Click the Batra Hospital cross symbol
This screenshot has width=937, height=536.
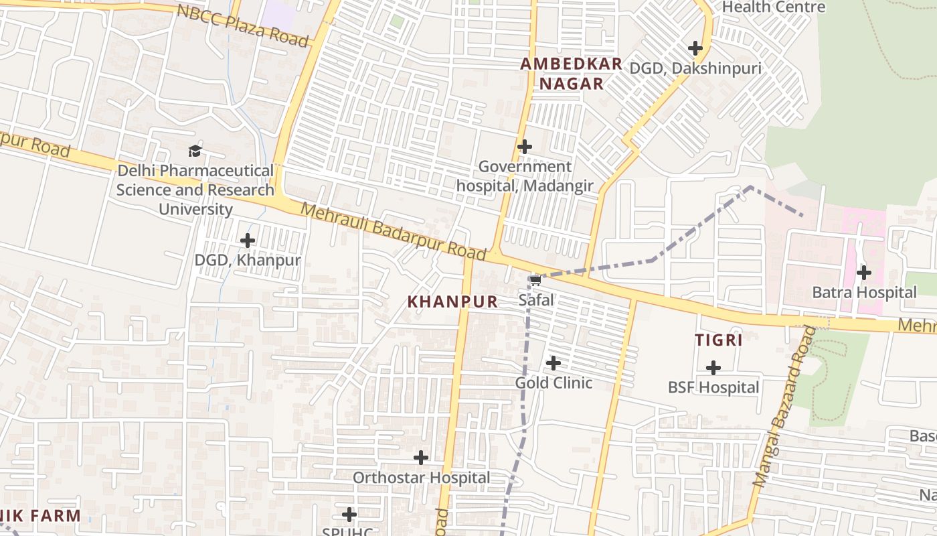pos(864,273)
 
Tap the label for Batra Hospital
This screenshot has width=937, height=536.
pos(864,293)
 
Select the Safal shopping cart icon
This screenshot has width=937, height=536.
pos(535,280)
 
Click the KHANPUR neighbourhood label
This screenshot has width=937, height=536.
pos(453,302)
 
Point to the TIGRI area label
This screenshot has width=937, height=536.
pos(719,340)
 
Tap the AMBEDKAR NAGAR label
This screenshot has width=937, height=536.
pos(571,74)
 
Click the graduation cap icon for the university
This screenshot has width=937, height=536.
pos(195,151)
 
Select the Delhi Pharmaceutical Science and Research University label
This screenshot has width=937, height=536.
pos(195,190)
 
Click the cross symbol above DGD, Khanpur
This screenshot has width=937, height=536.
pos(248,240)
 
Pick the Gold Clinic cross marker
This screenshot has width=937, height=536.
pos(553,363)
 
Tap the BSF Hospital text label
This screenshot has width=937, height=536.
pos(713,388)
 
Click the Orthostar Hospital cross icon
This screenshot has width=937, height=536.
pos(421,458)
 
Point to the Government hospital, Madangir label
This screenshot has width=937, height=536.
pos(525,176)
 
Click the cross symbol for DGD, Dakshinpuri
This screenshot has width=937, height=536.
pos(695,48)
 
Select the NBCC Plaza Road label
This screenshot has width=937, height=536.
pos(244,25)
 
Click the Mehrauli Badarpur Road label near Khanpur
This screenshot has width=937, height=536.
pos(393,232)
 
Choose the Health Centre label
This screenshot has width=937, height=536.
pos(774,7)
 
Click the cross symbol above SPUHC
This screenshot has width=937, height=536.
pos(349,515)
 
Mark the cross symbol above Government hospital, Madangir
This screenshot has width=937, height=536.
pos(525,146)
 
